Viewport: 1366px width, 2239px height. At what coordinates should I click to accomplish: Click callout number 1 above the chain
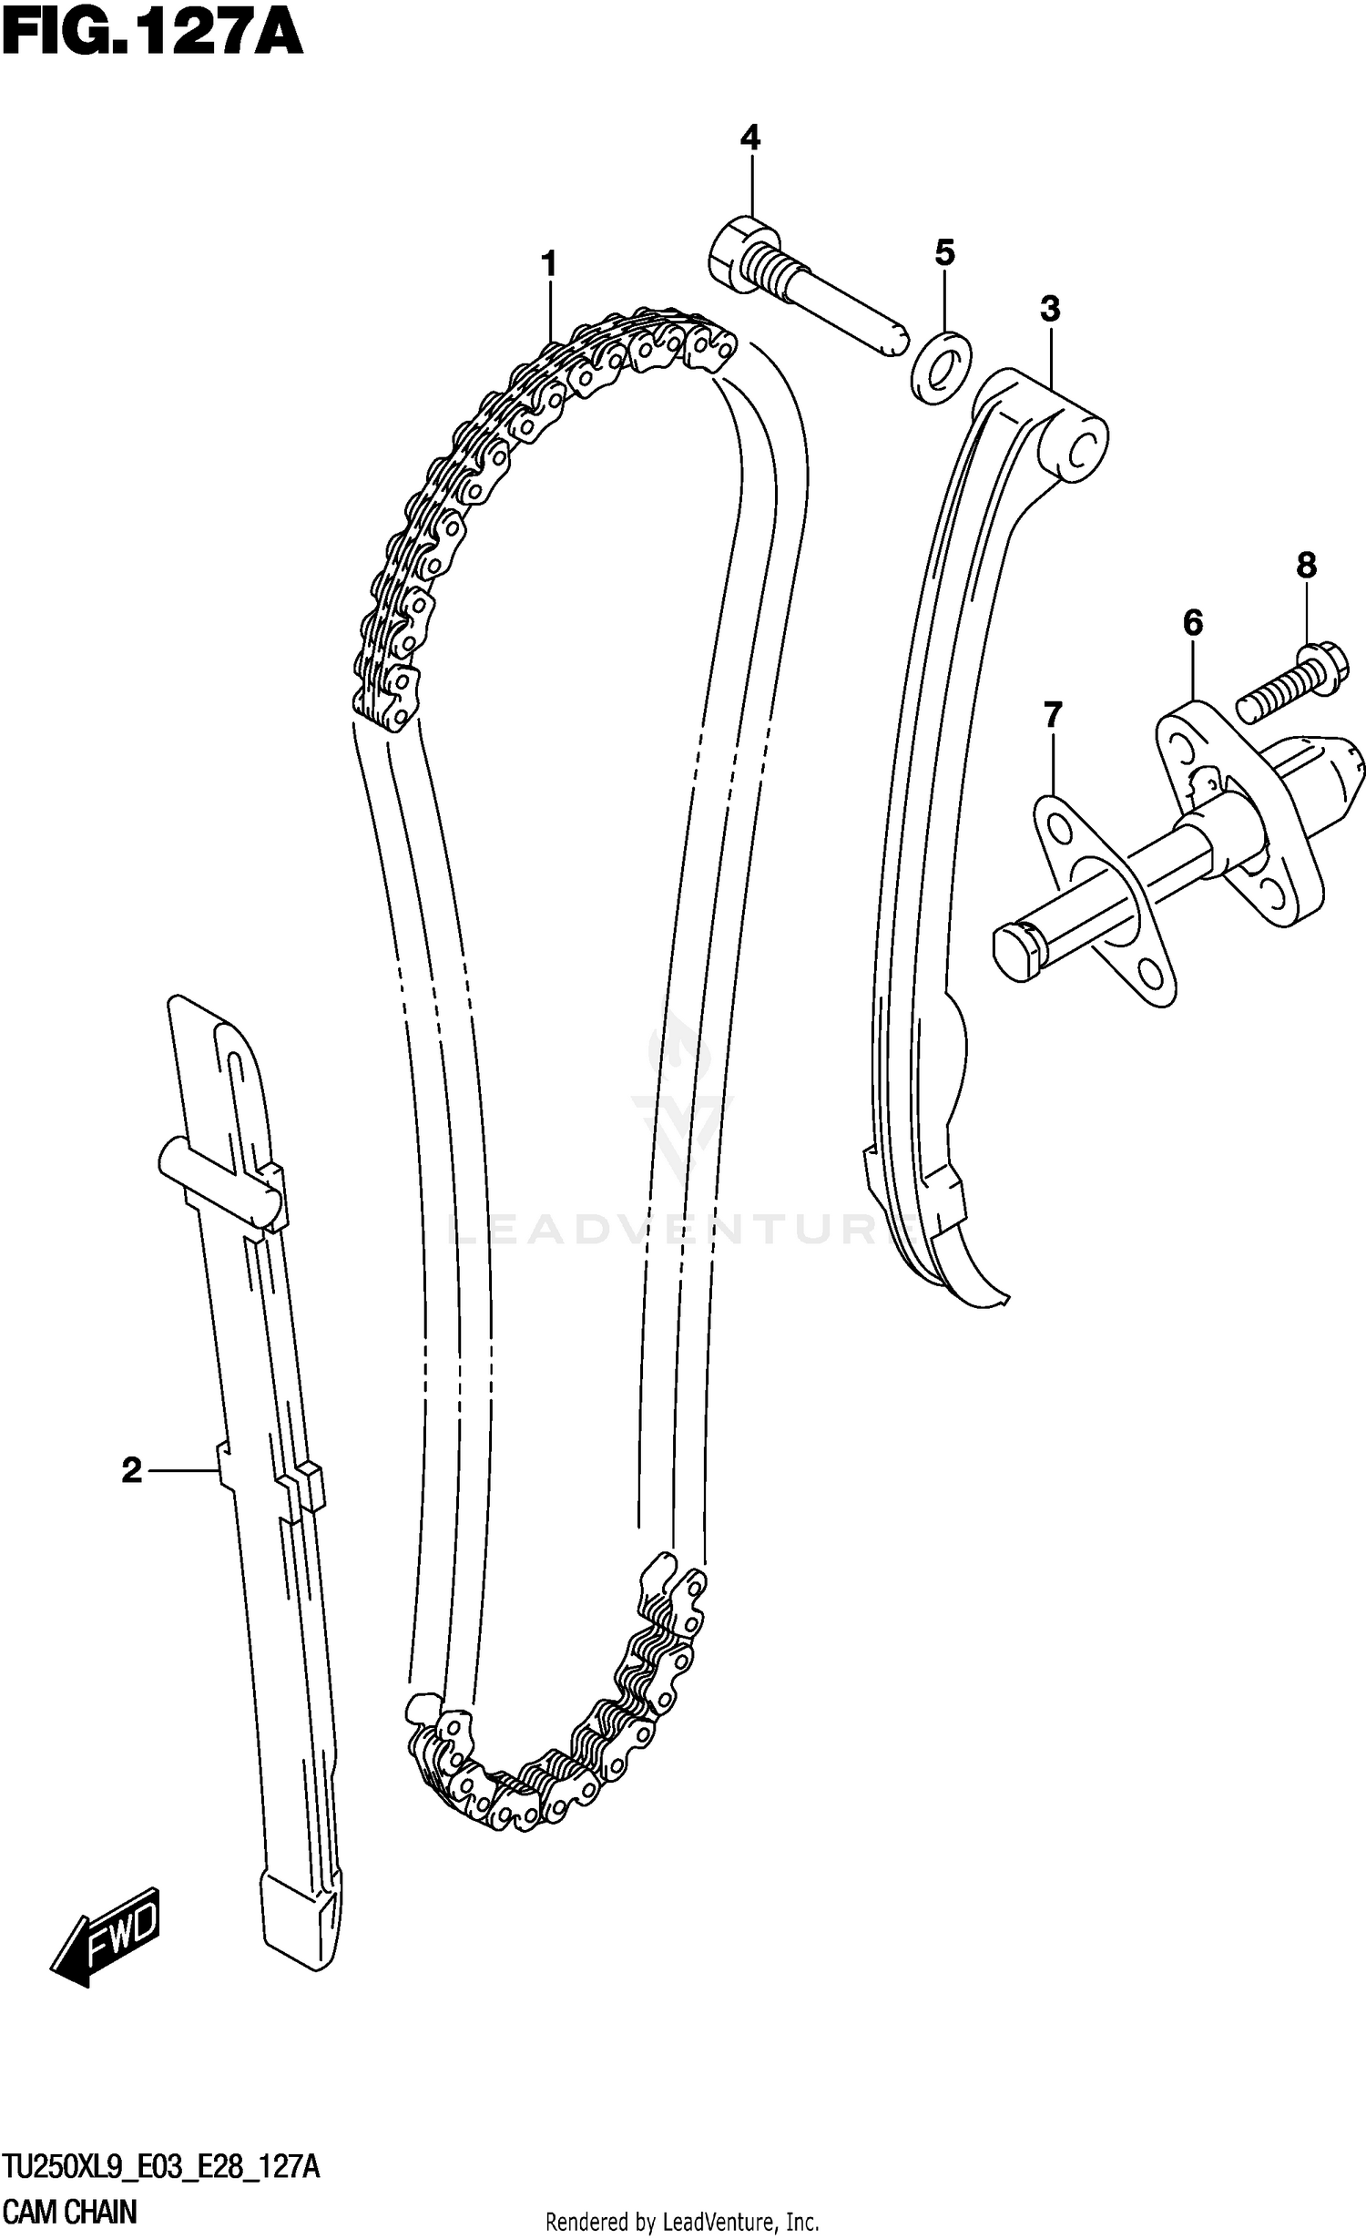(x=548, y=265)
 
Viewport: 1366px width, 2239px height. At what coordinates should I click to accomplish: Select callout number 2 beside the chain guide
(x=132, y=1470)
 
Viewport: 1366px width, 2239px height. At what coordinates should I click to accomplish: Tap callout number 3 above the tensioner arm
(x=1050, y=310)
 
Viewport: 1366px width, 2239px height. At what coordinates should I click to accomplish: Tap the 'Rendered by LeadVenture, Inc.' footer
(x=682, y=2216)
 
